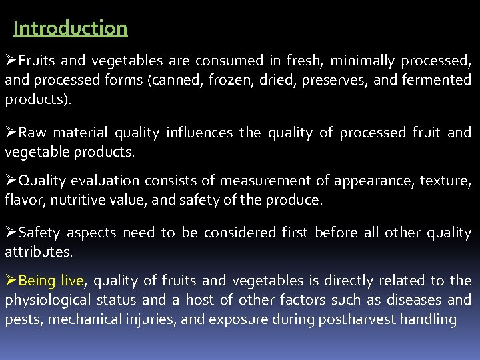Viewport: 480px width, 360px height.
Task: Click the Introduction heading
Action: click(x=70, y=28)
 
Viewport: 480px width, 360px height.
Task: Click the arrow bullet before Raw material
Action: click(x=11, y=133)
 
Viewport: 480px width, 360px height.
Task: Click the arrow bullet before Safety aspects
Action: click(x=11, y=233)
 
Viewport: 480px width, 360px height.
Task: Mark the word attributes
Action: click(x=37, y=252)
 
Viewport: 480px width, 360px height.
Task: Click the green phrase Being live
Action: click(x=52, y=281)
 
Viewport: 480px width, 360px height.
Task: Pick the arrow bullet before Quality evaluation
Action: click(x=11, y=181)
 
